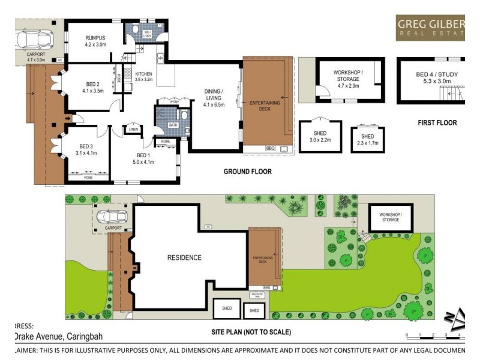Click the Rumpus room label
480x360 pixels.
pyautogui.click(x=95, y=41)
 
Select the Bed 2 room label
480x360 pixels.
pyautogui.click(x=93, y=87)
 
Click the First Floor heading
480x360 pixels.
pyautogui.click(x=437, y=123)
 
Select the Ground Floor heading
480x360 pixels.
pyautogui.click(x=247, y=172)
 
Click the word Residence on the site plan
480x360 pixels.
pyautogui.click(x=184, y=257)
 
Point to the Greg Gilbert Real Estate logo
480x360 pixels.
pyautogui.click(x=430, y=28)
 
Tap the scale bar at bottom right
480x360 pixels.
pyautogui.click(x=433, y=334)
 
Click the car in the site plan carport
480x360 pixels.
pyautogui.click(x=112, y=216)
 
